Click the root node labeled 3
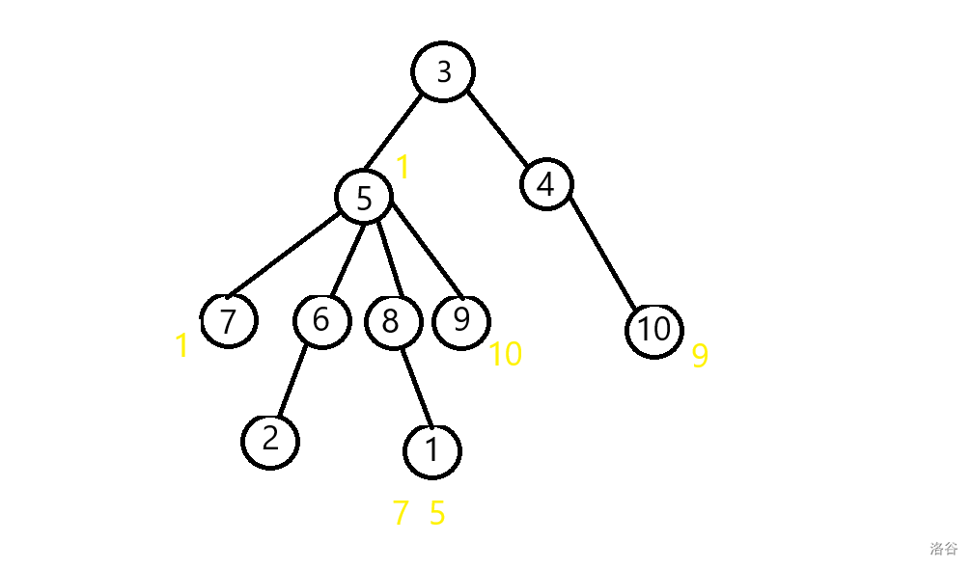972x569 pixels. [444, 72]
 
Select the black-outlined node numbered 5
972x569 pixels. [364, 198]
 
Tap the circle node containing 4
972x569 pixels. [546, 184]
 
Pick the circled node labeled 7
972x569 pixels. [229, 320]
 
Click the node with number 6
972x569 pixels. [321, 319]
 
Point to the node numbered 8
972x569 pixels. [392, 321]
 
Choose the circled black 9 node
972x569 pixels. [461, 319]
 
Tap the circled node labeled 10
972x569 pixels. [653, 330]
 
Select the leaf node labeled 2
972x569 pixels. [270, 440]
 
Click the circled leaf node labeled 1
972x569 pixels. [432, 449]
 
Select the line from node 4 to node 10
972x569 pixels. [600, 253]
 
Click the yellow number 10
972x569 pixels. [505, 355]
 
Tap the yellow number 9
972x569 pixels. [700, 357]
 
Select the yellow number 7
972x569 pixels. [401, 514]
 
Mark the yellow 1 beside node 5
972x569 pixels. [403, 169]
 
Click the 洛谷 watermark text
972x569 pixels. [943, 549]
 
